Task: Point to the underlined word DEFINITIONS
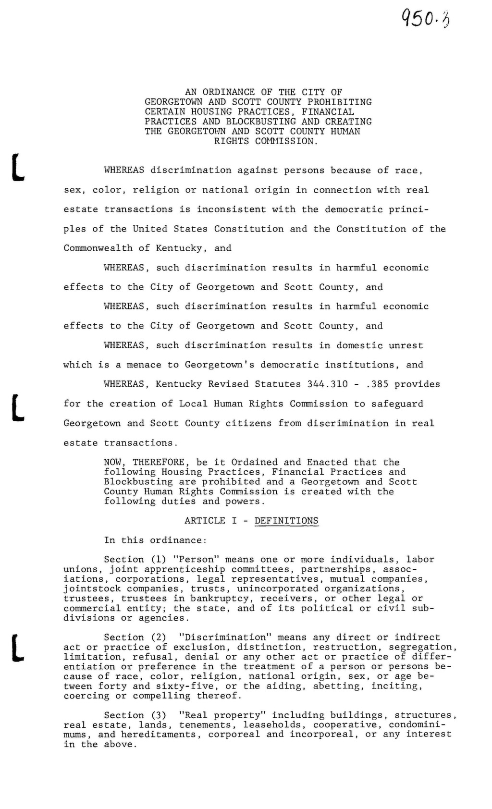286,521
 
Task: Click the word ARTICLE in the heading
205,521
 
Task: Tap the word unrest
407,345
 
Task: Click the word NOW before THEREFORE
113,462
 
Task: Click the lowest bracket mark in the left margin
18,648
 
